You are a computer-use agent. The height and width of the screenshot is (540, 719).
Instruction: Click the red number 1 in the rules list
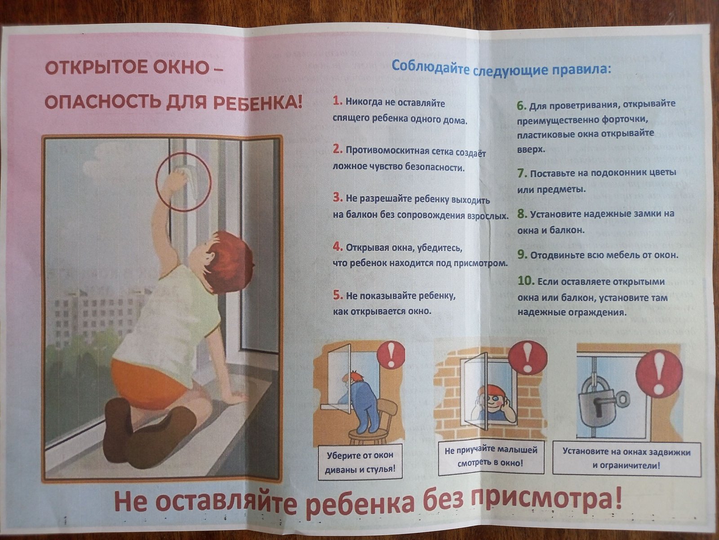337,102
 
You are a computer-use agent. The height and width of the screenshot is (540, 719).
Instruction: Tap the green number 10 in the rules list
525,281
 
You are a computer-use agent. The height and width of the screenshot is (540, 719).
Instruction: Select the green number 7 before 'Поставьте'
522,173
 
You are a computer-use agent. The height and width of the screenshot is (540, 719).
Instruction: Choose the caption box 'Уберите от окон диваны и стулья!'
360,462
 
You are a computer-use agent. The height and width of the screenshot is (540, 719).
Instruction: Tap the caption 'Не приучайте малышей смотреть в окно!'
491,457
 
